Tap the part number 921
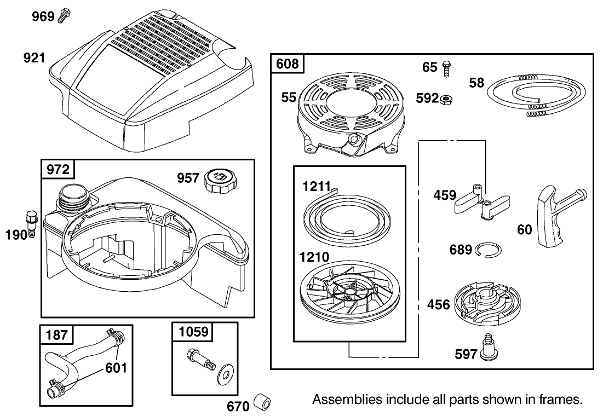[x=34, y=57]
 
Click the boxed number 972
[x=58, y=169]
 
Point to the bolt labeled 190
[x=31, y=223]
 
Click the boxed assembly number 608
[x=287, y=63]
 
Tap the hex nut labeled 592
[x=447, y=99]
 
